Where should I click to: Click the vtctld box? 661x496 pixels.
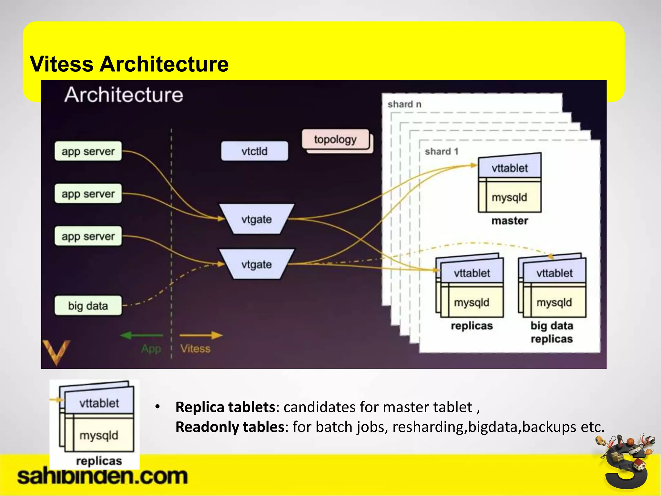pos(254,151)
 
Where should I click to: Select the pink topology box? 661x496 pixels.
pos(335,139)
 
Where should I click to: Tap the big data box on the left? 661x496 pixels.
pos(88,305)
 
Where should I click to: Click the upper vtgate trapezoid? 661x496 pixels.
pos(257,219)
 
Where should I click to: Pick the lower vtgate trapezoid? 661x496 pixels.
pos(257,264)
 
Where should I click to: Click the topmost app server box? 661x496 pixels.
pos(88,151)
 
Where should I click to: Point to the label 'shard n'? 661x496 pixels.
pos(404,104)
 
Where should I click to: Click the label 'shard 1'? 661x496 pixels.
pos(442,151)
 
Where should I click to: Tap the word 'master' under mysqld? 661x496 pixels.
pos(510,221)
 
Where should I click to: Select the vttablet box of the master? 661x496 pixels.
pos(510,168)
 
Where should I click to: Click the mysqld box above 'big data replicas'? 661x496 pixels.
pos(554,303)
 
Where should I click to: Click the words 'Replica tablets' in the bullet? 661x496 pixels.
pos(225,407)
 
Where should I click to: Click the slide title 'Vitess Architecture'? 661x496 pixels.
pos(129,64)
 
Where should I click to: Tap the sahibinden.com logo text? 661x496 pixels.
pos(102,476)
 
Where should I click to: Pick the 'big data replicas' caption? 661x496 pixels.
pos(552,332)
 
